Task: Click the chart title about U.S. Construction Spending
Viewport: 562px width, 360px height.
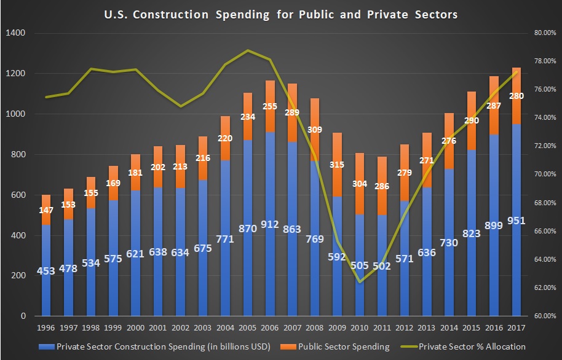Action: click(x=280, y=14)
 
